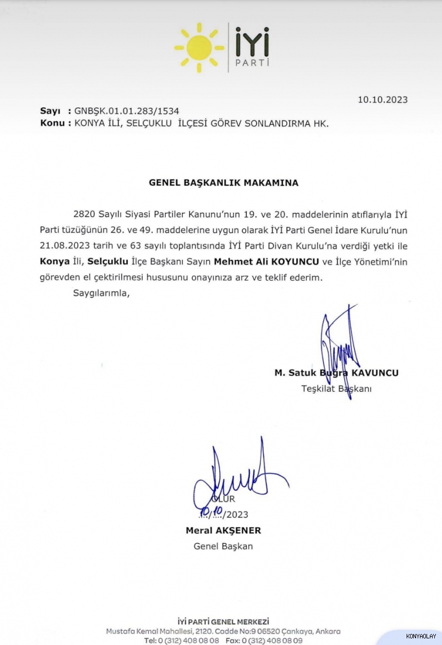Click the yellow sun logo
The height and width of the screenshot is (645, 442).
click(199, 47)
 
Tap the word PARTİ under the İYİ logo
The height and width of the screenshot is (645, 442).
click(251, 62)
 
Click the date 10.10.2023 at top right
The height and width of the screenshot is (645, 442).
click(382, 100)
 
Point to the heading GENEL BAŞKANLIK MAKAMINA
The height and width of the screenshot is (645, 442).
click(223, 183)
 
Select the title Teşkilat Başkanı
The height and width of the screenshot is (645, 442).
click(336, 389)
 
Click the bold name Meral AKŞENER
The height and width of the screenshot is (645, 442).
click(223, 531)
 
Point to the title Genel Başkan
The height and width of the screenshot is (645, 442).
click(223, 547)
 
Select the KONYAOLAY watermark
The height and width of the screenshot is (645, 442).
click(421, 637)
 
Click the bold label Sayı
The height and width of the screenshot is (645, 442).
click(50, 112)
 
